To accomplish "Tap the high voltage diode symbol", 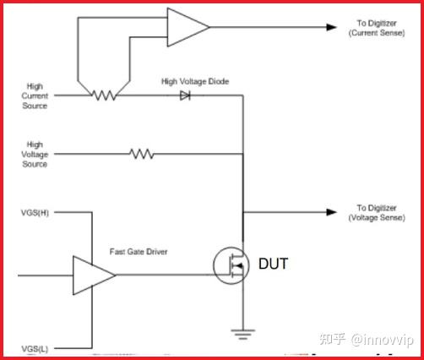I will coord(184,96).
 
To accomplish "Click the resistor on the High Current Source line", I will coord(105,96).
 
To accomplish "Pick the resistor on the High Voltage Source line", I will coord(141,154).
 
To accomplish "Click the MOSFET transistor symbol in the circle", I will coord(231,265).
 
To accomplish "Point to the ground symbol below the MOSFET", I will coord(244,333).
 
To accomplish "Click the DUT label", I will coord(274,265).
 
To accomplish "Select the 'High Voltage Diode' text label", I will coord(195,81).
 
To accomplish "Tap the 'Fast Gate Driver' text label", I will coord(138,252).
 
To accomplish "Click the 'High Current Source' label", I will coord(35,96).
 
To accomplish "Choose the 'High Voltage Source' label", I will coord(35,155).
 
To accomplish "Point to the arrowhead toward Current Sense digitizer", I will coord(331,26).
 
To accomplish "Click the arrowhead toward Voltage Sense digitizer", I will coord(331,212).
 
